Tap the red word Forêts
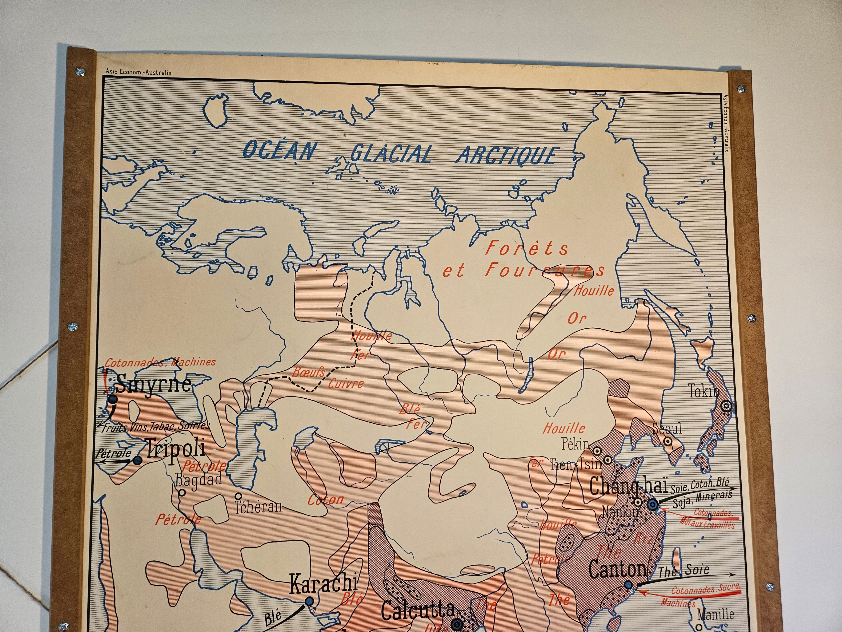click(x=527, y=248)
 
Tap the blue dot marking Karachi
click(x=309, y=601)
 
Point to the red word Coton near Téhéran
click(x=325, y=499)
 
